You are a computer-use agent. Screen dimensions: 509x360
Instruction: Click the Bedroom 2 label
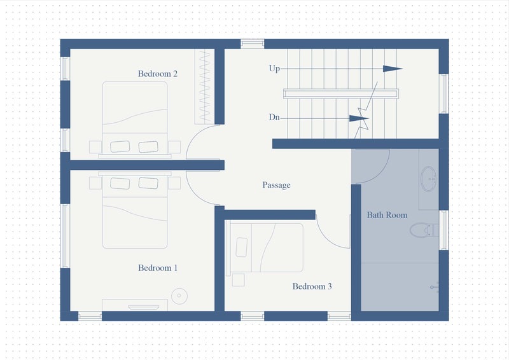(x=158, y=74)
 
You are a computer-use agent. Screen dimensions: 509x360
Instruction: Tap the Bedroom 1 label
(x=158, y=268)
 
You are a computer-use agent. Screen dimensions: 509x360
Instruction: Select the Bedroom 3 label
(x=312, y=286)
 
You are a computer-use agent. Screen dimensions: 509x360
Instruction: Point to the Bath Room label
(x=387, y=215)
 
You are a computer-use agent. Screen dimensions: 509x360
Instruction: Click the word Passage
(x=276, y=185)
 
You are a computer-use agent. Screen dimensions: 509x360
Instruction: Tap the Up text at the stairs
(x=274, y=69)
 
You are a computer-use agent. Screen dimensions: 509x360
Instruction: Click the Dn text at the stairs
(x=274, y=117)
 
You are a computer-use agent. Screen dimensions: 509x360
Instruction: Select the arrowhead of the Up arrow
(x=393, y=69)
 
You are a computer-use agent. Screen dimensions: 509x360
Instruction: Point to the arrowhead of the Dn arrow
(x=359, y=118)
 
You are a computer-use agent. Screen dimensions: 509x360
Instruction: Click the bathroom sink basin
(x=428, y=179)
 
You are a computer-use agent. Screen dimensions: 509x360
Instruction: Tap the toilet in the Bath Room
(x=424, y=230)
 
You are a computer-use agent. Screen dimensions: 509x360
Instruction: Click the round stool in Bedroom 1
(x=179, y=296)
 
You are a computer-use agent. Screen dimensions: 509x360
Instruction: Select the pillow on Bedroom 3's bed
(x=242, y=247)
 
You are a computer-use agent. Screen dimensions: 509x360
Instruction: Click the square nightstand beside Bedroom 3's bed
(x=238, y=280)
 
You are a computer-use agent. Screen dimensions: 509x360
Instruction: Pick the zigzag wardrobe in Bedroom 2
(x=204, y=87)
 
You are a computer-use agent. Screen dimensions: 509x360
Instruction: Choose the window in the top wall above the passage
(x=252, y=44)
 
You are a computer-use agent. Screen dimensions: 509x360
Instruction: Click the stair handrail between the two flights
(x=341, y=93)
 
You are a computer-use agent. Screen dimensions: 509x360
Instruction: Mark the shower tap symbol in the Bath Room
(x=435, y=287)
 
